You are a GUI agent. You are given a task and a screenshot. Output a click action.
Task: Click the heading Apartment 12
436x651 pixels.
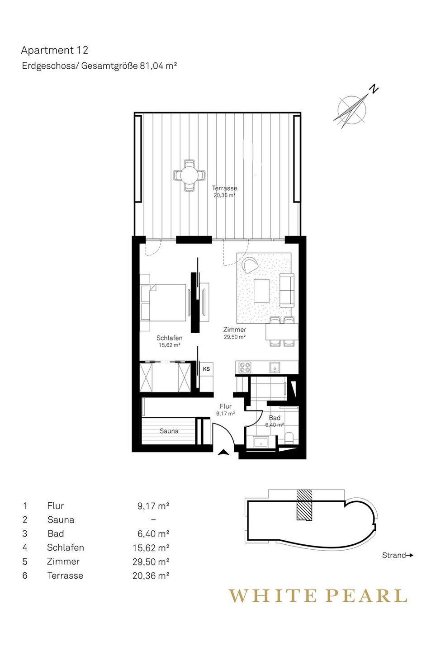tap(55, 51)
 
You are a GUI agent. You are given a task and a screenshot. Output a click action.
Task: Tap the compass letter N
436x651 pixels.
tap(374, 89)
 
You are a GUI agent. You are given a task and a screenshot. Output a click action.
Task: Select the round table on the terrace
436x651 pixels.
tap(189, 175)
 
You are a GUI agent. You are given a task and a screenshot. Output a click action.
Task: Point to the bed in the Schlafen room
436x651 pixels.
tap(163, 302)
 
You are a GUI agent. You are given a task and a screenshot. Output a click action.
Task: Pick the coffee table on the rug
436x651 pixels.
tap(261, 291)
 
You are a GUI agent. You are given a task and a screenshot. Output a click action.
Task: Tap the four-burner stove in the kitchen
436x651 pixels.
tap(244, 368)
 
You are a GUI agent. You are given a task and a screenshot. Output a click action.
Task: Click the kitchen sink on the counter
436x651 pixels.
tap(275, 368)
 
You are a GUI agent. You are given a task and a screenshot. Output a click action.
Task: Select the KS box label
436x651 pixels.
tap(206, 369)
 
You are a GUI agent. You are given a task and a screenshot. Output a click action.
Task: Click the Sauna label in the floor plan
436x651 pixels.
tap(169, 431)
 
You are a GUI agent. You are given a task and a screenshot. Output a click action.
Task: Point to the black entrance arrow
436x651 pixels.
tap(223, 452)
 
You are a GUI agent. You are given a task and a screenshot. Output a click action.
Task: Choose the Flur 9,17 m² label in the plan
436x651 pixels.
tap(226, 410)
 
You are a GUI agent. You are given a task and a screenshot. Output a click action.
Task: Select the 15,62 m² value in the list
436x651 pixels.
tap(151, 547)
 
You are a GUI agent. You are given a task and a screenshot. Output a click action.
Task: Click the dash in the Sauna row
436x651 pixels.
tap(154, 519)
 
